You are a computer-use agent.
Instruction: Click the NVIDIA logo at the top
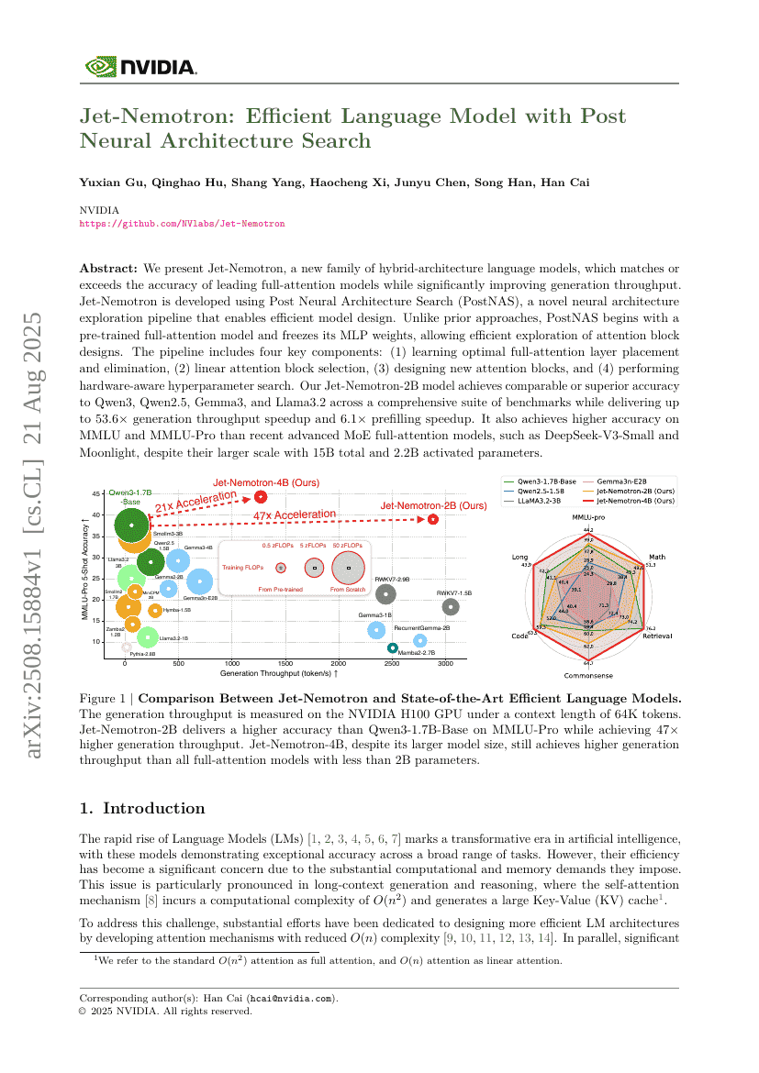click(140, 66)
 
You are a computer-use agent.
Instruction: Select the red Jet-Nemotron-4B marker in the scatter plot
click(261, 496)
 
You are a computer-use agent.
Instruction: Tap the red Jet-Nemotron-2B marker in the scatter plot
click(432, 519)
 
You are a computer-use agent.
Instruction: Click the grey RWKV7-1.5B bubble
click(450, 606)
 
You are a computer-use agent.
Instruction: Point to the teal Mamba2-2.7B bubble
click(393, 648)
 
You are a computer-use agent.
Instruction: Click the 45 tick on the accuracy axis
click(97, 494)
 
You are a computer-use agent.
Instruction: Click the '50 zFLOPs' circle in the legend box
click(348, 568)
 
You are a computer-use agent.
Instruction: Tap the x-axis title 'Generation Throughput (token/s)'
click(278, 673)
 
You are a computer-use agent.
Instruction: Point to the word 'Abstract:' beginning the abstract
click(108, 268)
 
